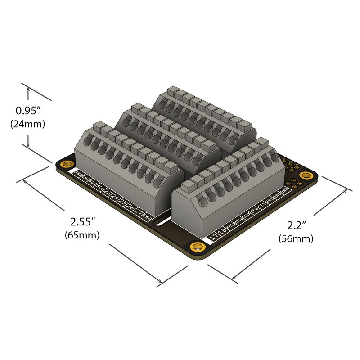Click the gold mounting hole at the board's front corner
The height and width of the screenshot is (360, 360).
(x=197, y=247)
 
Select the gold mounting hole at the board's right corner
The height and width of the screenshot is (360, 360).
(x=307, y=175)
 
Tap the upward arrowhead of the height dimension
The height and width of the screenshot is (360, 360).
(x=28, y=90)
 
